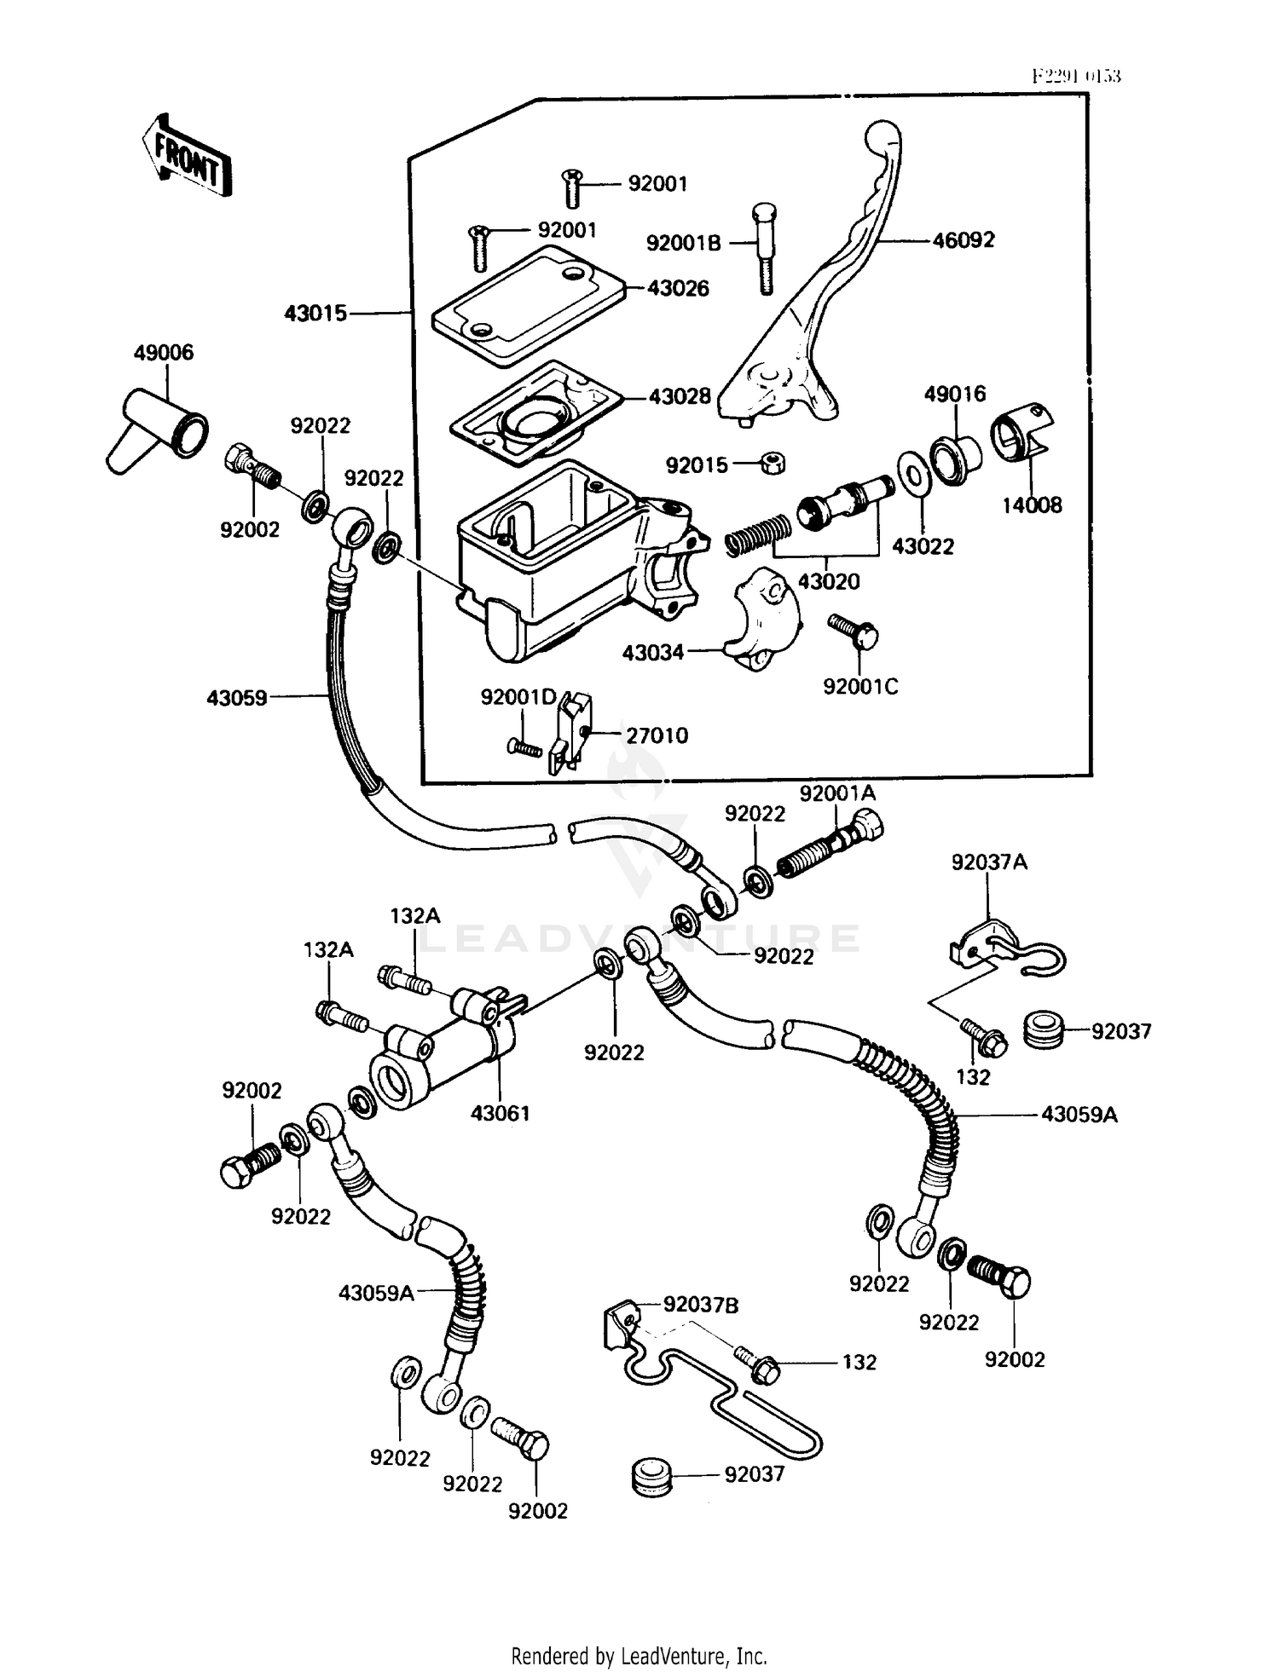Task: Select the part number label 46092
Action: pyautogui.click(x=964, y=240)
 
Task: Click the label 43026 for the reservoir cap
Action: pyautogui.click(x=678, y=288)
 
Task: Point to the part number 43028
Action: pyautogui.click(x=680, y=396)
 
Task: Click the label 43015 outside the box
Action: pyautogui.click(x=315, y=314)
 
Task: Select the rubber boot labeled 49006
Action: pyautogui.click(x=158, y=430)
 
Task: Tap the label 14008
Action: pyautogui.click(x=1032, y=505)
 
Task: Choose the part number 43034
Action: pyautogui.click(x=653, y=653)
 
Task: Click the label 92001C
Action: pyautogui.click(x=860, y=686)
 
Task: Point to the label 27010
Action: pyautogui.click(x=657, y=735)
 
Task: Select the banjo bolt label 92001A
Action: pyautogui.click(x=837, y=793)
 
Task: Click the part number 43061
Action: pyautogui.click(x=501, y=1113)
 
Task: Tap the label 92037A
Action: pyautogui.click(x=989, y=862)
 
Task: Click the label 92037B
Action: pyautogui.click(x=701, y=1305)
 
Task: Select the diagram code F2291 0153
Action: pyautogui.click(x=1076, y=76)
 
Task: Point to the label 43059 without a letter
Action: pyautogui.click(x=237, y=698)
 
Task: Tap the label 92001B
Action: pyautogui.click(x=684, y=243)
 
